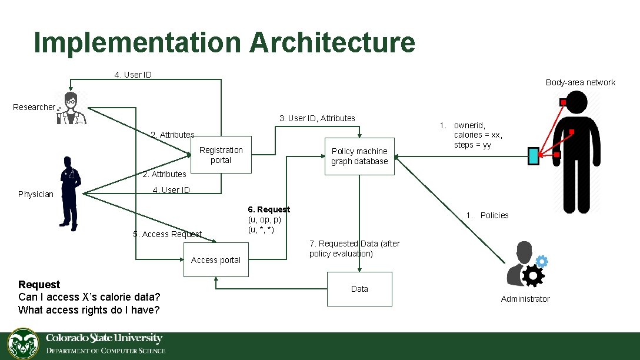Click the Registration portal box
(221, 156)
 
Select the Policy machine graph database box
(359, 156)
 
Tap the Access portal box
(216, 260)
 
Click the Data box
(359, 289)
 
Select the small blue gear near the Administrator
(542, 262)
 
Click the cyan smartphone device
(533, 155)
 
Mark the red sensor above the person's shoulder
(563, 103)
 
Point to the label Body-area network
(580, 82)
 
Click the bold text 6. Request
(269, 209)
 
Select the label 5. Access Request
(167, 234)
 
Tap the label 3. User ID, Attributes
(317, 118)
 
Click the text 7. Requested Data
(354, 244)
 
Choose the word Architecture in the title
(332, 43)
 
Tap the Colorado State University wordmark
(104, 338)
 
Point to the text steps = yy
(472, 145)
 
